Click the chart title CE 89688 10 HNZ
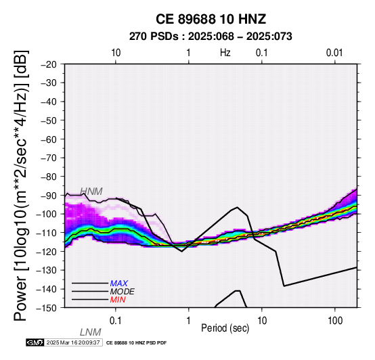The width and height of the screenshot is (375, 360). point(211,19)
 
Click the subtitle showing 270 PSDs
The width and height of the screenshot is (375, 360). point(211,37)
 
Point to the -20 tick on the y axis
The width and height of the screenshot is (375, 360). point(49,64)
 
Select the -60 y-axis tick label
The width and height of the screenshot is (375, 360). point(49,139)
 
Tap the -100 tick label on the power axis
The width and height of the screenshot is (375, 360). point(47,214)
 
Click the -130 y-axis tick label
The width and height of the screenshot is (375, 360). point(47,270)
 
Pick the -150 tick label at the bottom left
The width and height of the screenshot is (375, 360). point(47,308)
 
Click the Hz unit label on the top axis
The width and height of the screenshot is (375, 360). point(225,53)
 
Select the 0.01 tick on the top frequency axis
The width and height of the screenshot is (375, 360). point(334,53)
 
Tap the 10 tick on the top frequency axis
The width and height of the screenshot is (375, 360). point(116,53)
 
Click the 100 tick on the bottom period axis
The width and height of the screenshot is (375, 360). point(335,321)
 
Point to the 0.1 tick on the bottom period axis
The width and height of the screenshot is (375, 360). point(116,321)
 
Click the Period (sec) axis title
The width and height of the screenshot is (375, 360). point(225,328)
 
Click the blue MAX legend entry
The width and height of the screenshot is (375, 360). point(119,284)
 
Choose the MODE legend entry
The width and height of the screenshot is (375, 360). point(123,292)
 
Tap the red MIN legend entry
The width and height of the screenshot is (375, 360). point(118,300)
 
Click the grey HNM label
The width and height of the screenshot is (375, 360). point(91,192)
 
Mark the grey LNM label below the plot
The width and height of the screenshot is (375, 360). point(91,332)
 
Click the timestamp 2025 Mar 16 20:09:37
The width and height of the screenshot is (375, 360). point(73,342)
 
